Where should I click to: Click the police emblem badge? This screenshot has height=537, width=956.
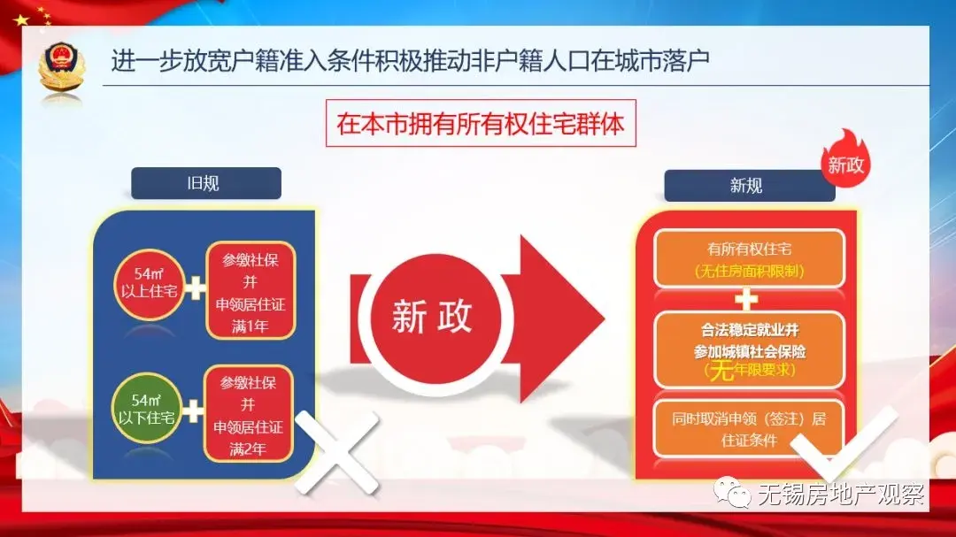pos(61,67)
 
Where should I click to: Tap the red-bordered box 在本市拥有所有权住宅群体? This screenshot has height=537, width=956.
pos(481,123)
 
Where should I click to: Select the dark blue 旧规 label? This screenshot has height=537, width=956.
pos(206,183)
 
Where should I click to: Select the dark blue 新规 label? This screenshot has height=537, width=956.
pos(750,185)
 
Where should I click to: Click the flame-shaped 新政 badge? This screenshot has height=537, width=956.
pos(845,160)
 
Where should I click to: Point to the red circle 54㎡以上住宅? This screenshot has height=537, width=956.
pos(149,284)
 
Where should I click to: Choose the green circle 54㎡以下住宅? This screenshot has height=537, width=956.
pos(146,409)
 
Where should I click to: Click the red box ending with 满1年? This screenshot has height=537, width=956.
pos(251,291)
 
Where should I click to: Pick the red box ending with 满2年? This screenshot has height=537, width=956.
pos(248,414)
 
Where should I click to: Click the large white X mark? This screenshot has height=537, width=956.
pos(336,451)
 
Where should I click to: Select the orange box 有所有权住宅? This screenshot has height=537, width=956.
pos(750,258)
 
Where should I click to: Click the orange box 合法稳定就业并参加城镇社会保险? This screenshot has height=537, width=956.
pos(750,349)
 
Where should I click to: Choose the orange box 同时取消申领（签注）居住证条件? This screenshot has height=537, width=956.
pos(750,428)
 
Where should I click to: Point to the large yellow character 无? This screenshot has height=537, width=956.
pos(721,370)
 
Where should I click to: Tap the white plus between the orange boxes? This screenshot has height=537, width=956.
pos(746,300)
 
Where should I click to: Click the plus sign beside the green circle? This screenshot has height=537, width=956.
pos(193,411)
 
